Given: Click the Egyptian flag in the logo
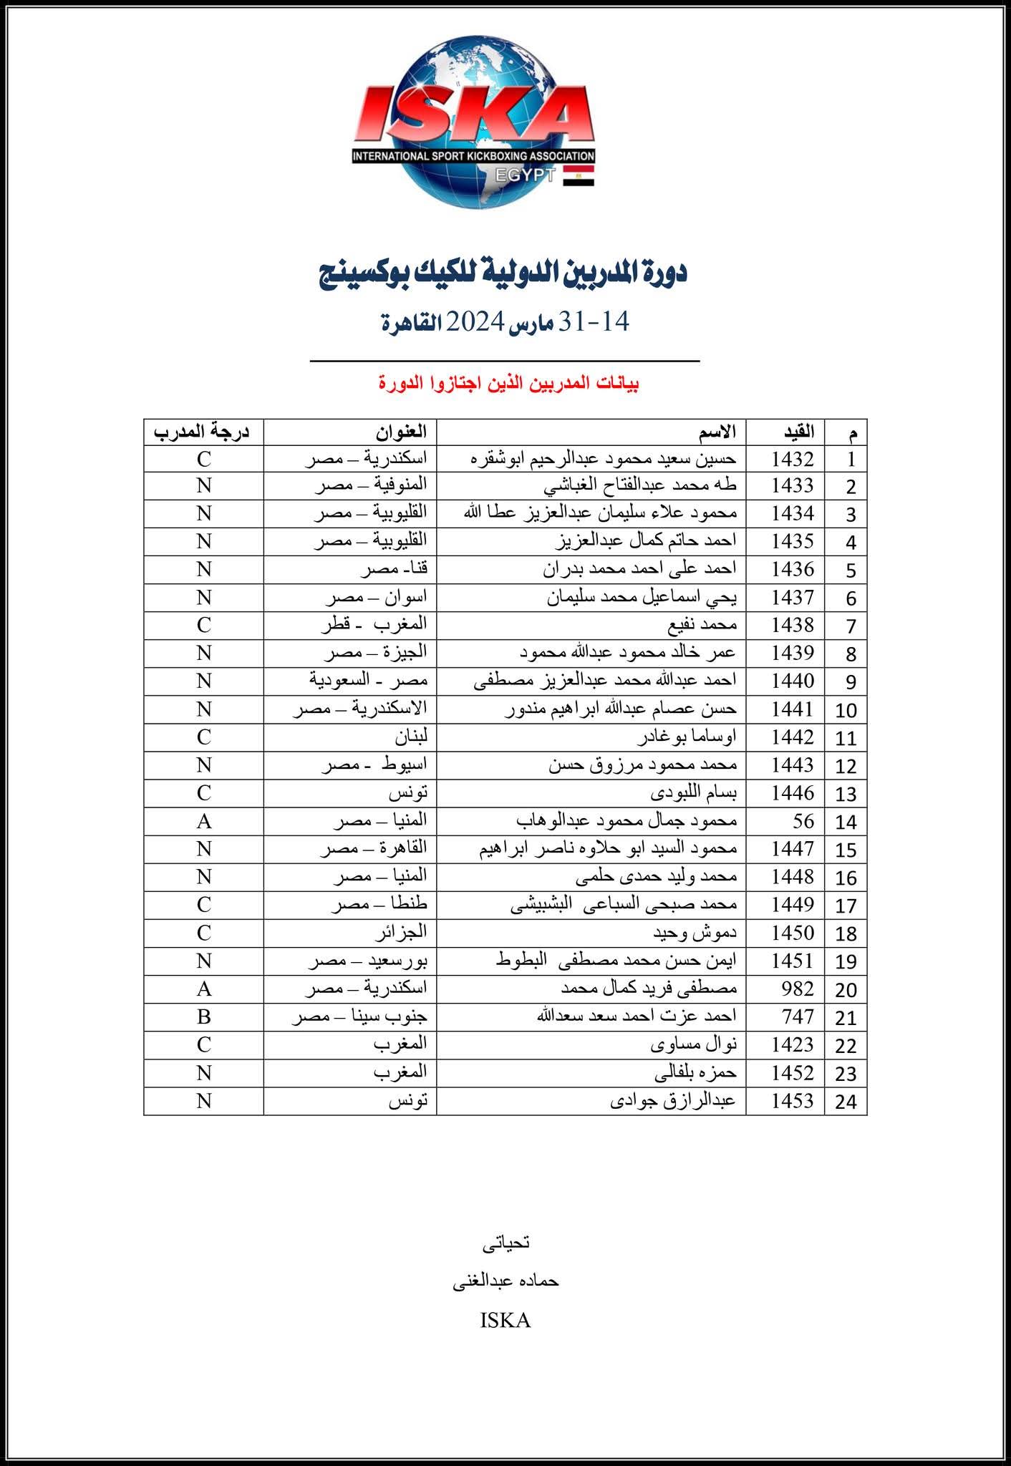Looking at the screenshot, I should click(579, 175).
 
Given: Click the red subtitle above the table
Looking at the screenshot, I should click(509, 384).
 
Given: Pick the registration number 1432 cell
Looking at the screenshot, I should click(793, 459).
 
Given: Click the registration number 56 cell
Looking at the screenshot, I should click(803, 821).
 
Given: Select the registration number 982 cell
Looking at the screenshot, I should click(798, 989).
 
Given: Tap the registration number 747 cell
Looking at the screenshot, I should click(798, 1016).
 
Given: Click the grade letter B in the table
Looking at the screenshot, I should click(204, 1016).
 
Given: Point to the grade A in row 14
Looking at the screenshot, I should click(204, 821).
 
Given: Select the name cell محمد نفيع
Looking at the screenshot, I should click(705, 625).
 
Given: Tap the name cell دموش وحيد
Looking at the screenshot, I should click(695, 933).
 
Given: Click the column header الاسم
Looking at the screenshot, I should click(718, 432).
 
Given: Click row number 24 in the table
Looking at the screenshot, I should click(846, 1101).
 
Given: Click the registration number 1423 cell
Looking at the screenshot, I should click(793, 1044).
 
